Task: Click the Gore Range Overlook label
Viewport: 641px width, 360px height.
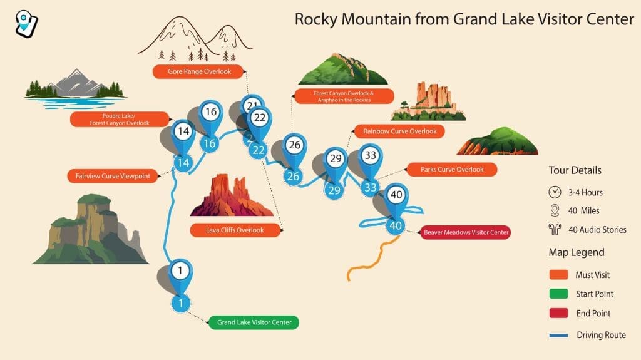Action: (200, 72)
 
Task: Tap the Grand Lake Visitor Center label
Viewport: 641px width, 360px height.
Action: (254, 323)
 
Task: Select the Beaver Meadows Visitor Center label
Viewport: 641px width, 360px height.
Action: (466, 232)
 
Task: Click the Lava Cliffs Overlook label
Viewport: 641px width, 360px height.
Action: (235, 230)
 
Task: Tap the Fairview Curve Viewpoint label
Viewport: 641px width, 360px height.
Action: (113, 177)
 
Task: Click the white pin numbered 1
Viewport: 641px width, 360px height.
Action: (180, 271)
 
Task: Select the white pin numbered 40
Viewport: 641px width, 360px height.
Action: (396, 195)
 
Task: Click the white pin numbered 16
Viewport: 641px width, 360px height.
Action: (210, 113)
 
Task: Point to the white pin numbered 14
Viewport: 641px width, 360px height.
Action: (183, 132)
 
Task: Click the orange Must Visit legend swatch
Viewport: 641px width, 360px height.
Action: (558, 275)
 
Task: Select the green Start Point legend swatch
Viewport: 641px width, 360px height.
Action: (558, 294)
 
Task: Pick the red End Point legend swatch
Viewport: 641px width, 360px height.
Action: (558, 313)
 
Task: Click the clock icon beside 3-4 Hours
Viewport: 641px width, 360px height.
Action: (555, 192)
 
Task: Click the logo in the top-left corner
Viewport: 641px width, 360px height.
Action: (26, 23)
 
